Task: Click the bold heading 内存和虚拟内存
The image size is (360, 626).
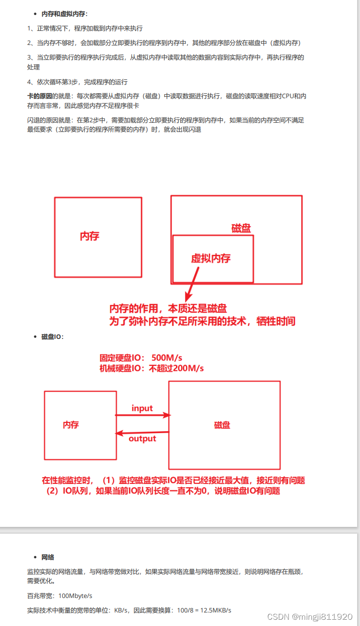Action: point(65,14)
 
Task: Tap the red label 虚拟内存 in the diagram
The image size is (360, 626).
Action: point(211,258)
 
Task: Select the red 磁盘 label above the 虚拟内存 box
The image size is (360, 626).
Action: point(241,228)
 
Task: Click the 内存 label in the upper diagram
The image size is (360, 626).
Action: point(89,236)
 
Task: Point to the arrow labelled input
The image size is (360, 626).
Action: point(143,415)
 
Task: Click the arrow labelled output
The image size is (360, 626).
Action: point(143,432)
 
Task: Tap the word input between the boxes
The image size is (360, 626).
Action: point(142,408)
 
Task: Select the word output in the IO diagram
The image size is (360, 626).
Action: point(143,439)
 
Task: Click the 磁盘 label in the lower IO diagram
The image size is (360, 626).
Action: point(222,425)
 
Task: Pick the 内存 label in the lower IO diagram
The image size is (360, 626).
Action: point(71,425)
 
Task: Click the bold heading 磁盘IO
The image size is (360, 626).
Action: point(53,337)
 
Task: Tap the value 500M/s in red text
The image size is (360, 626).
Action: point(167,358)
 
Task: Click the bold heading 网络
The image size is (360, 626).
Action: point(47,557)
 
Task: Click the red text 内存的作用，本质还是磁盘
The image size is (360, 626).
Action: point(168,309)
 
